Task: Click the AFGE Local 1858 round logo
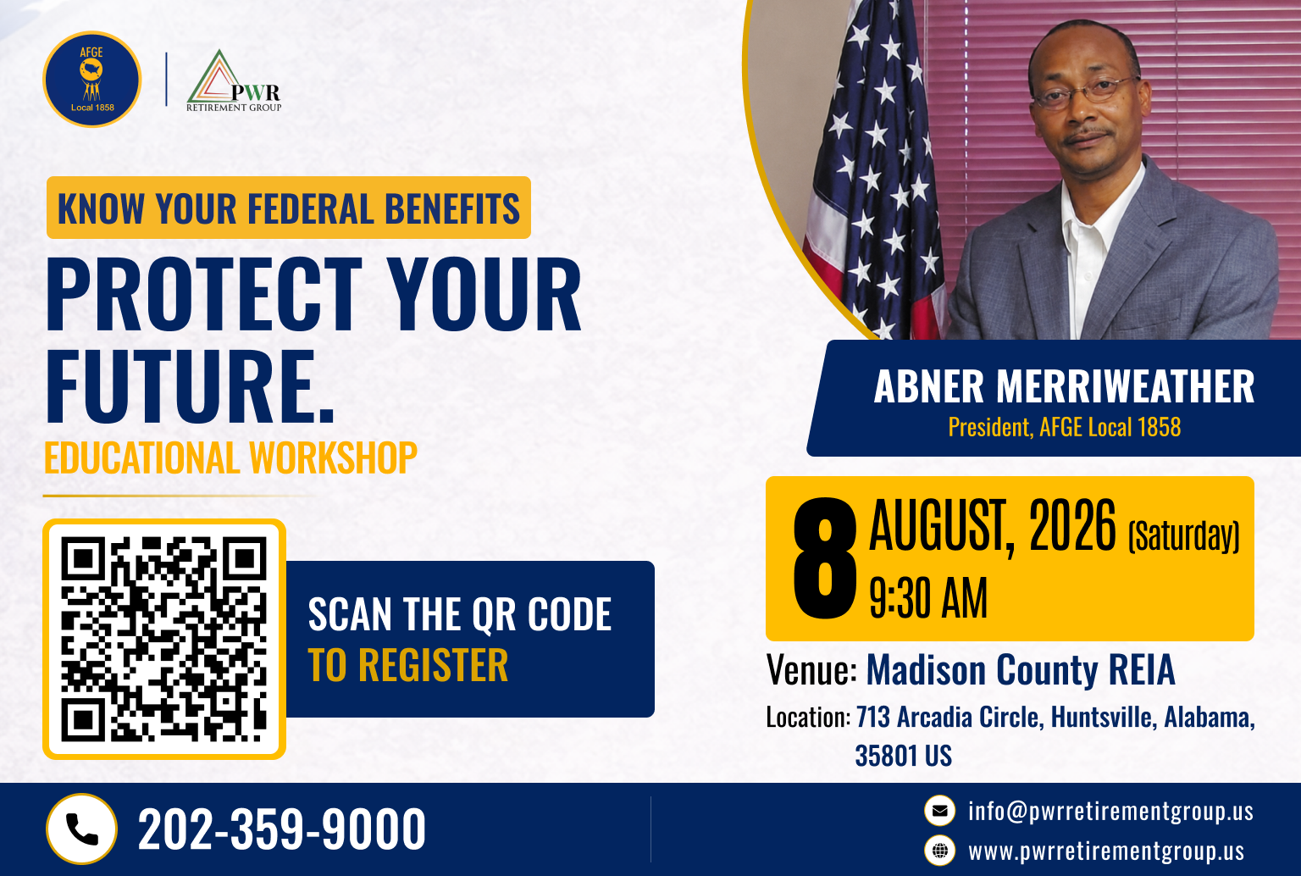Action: click(91, 79)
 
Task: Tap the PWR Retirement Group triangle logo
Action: click(234, 80)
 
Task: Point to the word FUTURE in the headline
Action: click(180, 386)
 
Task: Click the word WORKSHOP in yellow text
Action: click(334, 457)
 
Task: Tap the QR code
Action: click(163, 639)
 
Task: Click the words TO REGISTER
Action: click(408, 664)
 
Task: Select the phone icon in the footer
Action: click(81, 829)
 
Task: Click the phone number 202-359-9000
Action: click(282, 829)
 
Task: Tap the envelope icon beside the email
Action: click(939, 811)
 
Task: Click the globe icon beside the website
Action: click(939, 851)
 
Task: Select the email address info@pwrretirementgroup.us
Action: click(1110, 811)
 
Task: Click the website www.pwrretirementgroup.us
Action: click(1106, 851)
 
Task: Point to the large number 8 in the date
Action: click(825, 557)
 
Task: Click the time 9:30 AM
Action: click(928, 598)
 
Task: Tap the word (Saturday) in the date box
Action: click(1183, 535)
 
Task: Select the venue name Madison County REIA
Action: click(1021, 670)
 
